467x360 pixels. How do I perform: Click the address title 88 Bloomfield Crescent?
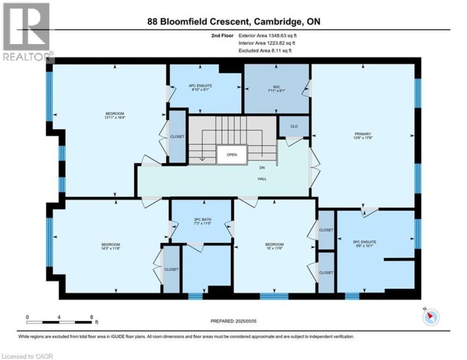233,21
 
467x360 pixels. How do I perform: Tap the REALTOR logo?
27,32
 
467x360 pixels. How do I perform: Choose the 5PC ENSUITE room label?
365,244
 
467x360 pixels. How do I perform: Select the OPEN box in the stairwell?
232,155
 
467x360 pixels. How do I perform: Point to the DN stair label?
263,167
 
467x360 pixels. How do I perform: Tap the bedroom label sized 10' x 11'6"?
274,246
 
